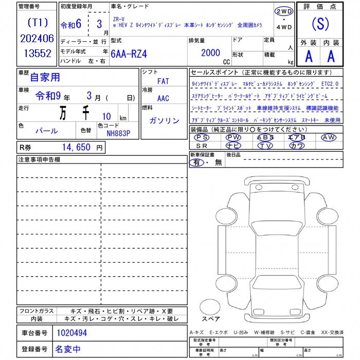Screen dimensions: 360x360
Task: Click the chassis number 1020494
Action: [x=71, y=333]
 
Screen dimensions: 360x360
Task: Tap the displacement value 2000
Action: [x=210, y=52]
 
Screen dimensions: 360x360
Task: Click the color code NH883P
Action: [x=118, y=133]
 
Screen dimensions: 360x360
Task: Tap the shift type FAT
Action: [x=163, y=81]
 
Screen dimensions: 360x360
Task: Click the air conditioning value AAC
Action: [x=163, y=99]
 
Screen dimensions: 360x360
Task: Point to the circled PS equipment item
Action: [x=202, y=137]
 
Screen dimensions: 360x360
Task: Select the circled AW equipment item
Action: [x=328, y=137]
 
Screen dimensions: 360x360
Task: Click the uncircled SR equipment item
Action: [x=202, y=146]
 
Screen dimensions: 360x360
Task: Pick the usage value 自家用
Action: [x=45, y=78]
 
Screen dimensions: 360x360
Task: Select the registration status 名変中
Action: [x=67, y=349]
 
